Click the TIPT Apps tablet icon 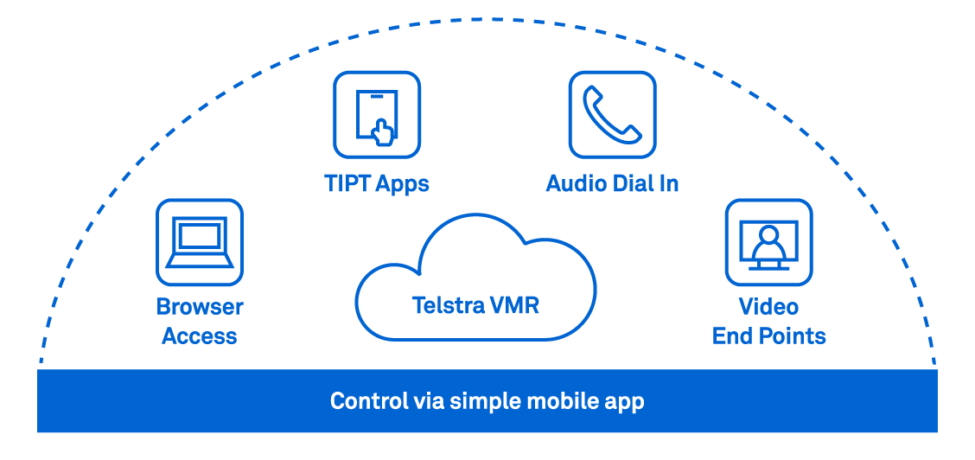(377, 115)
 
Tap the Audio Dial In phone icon (612, 115)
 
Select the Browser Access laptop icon (200, 242)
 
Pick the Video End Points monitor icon (768, 242)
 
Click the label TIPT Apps (377, 183)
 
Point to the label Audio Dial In (612, 183)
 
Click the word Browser (200, 307)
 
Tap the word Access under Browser (200, 336)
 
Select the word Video (768, 307)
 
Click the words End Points (768, 336)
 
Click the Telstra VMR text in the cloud (475, 305)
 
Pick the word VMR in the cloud (516, 305)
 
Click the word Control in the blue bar (364, 401)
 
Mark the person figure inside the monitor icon (768, 242)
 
